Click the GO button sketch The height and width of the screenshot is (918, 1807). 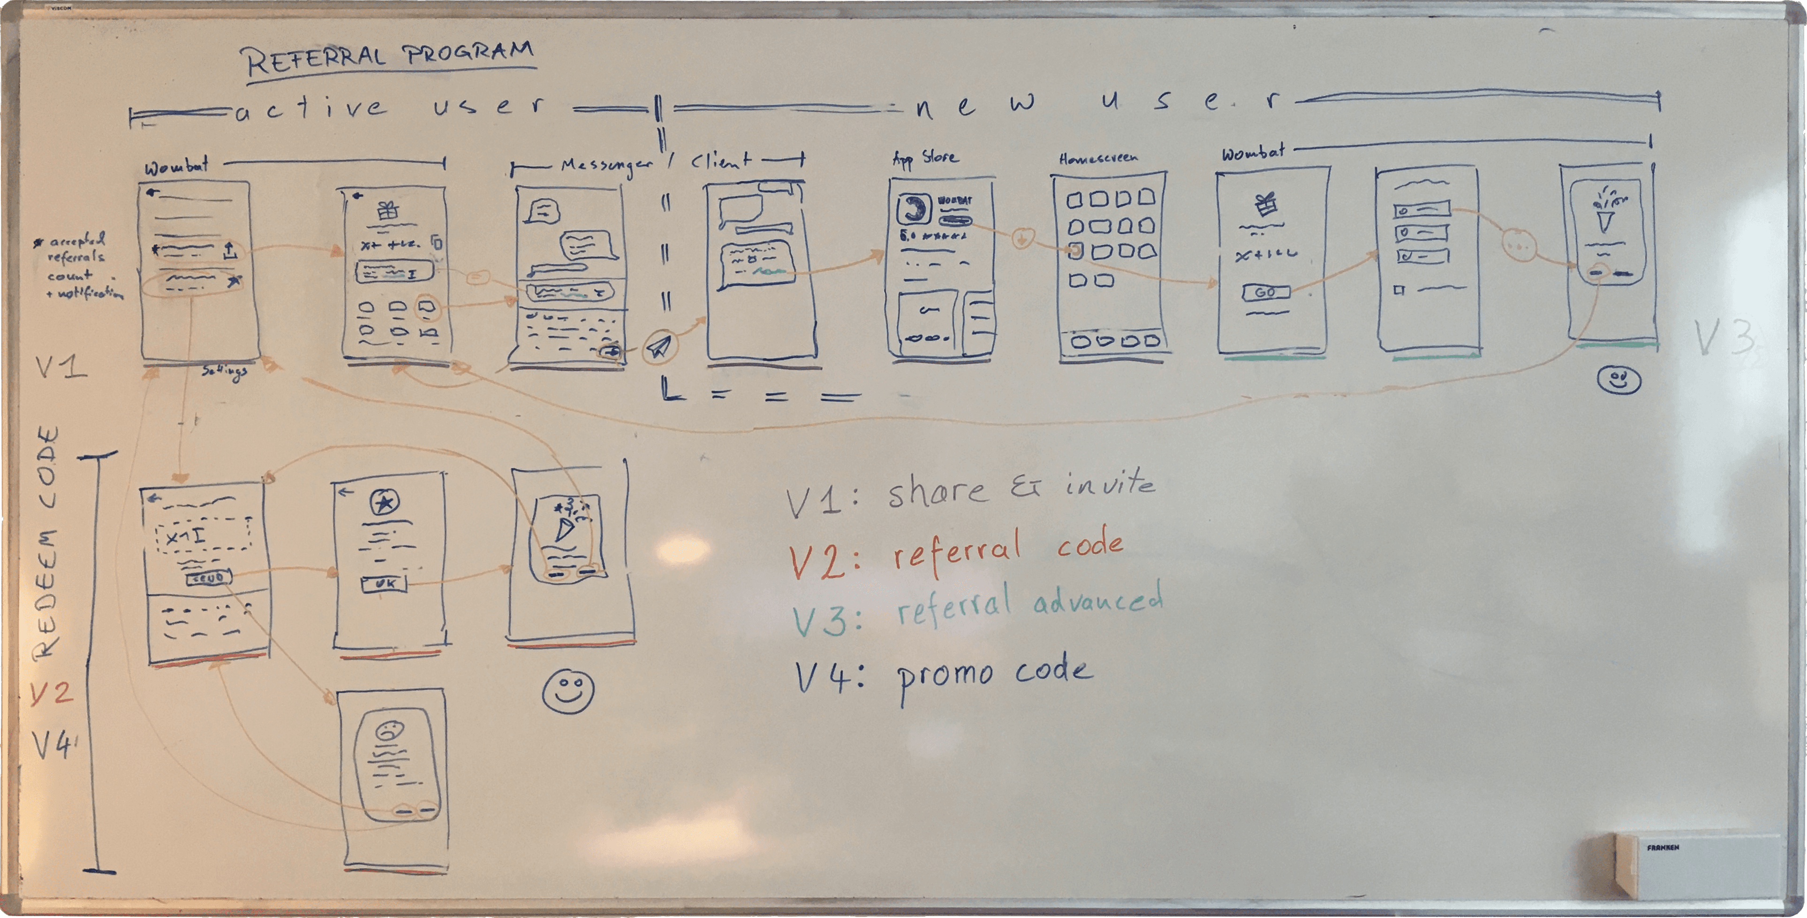coord(1265,292)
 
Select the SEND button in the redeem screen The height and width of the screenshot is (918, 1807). coord(208,578)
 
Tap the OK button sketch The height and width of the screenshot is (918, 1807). coord(384,583)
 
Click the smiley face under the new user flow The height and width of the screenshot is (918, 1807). coord(1618,381)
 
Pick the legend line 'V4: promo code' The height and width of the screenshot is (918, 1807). coord(944,676)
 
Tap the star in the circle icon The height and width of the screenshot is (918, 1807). coord(384,503)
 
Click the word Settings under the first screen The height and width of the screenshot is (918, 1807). coord(225,371)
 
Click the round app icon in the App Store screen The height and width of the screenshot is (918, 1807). coord(913,208)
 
